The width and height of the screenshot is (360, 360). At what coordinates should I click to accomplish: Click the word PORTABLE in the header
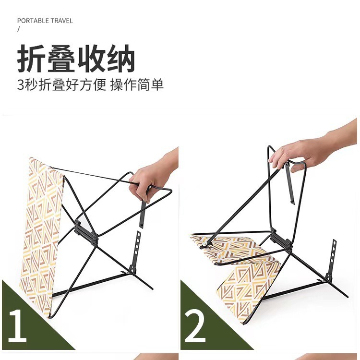pos(33,21)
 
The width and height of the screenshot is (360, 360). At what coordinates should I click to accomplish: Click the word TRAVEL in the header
pos(61,21)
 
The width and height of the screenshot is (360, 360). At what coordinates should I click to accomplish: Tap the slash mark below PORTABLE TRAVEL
pos(19,29)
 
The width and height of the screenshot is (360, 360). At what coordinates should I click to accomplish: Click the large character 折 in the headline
pos(31,58)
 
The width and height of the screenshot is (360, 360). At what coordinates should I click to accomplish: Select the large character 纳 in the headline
pos(120,58)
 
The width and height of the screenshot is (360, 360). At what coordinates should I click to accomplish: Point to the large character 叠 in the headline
pos(61,58)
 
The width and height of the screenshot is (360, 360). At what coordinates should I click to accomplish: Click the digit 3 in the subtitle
pos(21,84)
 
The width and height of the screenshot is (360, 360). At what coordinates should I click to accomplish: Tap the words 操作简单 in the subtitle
pos(137,84)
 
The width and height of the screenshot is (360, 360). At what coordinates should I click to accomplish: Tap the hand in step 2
pos(312,149)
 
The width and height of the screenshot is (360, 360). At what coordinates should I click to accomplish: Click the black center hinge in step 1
pos(86,232)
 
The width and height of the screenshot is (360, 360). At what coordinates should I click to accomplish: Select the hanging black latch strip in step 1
pos(143,212)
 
